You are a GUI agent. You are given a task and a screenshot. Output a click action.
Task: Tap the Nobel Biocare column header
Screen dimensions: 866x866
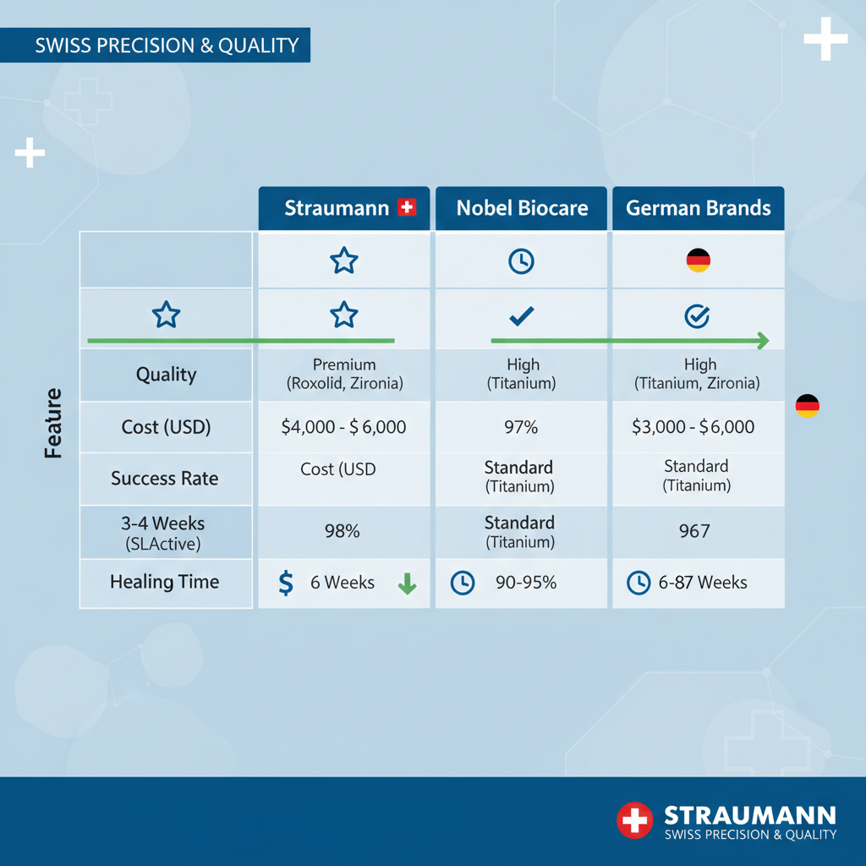click(522, 208)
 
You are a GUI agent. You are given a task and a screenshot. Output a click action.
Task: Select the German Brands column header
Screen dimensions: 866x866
click(698, 208)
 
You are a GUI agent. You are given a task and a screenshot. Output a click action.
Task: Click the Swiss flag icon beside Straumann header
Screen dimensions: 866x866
click(407, 207)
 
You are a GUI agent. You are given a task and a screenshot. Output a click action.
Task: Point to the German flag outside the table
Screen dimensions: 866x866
click(807, 405)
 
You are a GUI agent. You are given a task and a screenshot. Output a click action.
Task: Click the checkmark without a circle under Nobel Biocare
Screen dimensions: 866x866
click(521, 316)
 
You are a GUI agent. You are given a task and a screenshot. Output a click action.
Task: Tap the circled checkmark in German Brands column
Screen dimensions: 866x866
click(696, 316)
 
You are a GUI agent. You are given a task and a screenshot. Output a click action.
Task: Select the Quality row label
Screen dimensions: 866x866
click(166, 374)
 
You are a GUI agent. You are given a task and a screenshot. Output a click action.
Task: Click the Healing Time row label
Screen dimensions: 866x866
click(164, 582)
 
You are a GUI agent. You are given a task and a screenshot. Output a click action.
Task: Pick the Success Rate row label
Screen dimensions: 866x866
click(164, 479)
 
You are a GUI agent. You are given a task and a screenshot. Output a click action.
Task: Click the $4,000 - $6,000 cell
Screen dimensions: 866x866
click(343, 427)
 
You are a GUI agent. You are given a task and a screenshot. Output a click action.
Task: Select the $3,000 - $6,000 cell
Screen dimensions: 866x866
click(693, 427)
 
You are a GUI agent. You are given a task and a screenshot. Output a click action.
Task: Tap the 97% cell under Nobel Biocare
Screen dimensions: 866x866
click(520, 427)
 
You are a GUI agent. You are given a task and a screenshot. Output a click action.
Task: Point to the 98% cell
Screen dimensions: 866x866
click(343, 531)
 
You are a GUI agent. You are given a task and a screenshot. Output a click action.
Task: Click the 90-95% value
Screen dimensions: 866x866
click(519, 582)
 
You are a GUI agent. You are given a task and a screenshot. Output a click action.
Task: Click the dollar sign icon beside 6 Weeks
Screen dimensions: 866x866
click(286, 582)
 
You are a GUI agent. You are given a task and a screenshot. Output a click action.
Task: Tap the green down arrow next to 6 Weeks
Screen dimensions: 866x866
click(407, 583)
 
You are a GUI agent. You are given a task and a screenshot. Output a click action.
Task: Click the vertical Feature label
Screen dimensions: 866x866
click(54, 423)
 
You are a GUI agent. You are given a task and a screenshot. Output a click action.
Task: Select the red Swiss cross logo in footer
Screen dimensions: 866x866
click(634, 820)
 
